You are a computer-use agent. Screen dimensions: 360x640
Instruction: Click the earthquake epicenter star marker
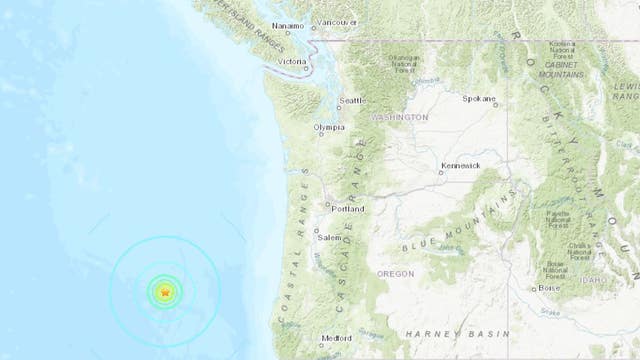coord(165,292)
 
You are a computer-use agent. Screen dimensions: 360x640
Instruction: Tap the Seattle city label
coord(353,100)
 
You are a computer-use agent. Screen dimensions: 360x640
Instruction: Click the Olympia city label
coord(330,128)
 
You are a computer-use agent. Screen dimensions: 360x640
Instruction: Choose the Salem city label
coord(332,237)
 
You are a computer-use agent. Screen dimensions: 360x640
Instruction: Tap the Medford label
coord(336,339)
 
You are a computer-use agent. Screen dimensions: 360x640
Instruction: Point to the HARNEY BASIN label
coord(439,333)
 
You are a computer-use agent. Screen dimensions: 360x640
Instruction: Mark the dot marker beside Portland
coord(324,208)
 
